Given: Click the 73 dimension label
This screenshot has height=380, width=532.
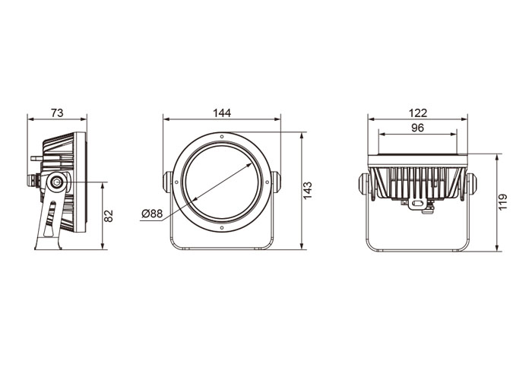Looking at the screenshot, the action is point(57,112).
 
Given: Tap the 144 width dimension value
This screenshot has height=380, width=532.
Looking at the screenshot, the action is point(222,112).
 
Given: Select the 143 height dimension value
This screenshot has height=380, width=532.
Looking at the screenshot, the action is point(307,191).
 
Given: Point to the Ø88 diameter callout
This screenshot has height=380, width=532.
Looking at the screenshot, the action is point(152,214).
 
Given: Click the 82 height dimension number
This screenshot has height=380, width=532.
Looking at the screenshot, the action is point(108,216).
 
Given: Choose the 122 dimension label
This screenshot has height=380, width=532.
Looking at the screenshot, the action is point(418,112).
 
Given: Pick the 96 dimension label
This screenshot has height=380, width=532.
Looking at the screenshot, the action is point(418,128).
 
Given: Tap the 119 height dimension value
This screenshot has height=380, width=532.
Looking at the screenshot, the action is point(502,202).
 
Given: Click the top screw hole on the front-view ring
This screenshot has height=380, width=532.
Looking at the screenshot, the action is point(222,137).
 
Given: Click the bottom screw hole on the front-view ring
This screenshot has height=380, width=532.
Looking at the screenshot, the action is point(222,228).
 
